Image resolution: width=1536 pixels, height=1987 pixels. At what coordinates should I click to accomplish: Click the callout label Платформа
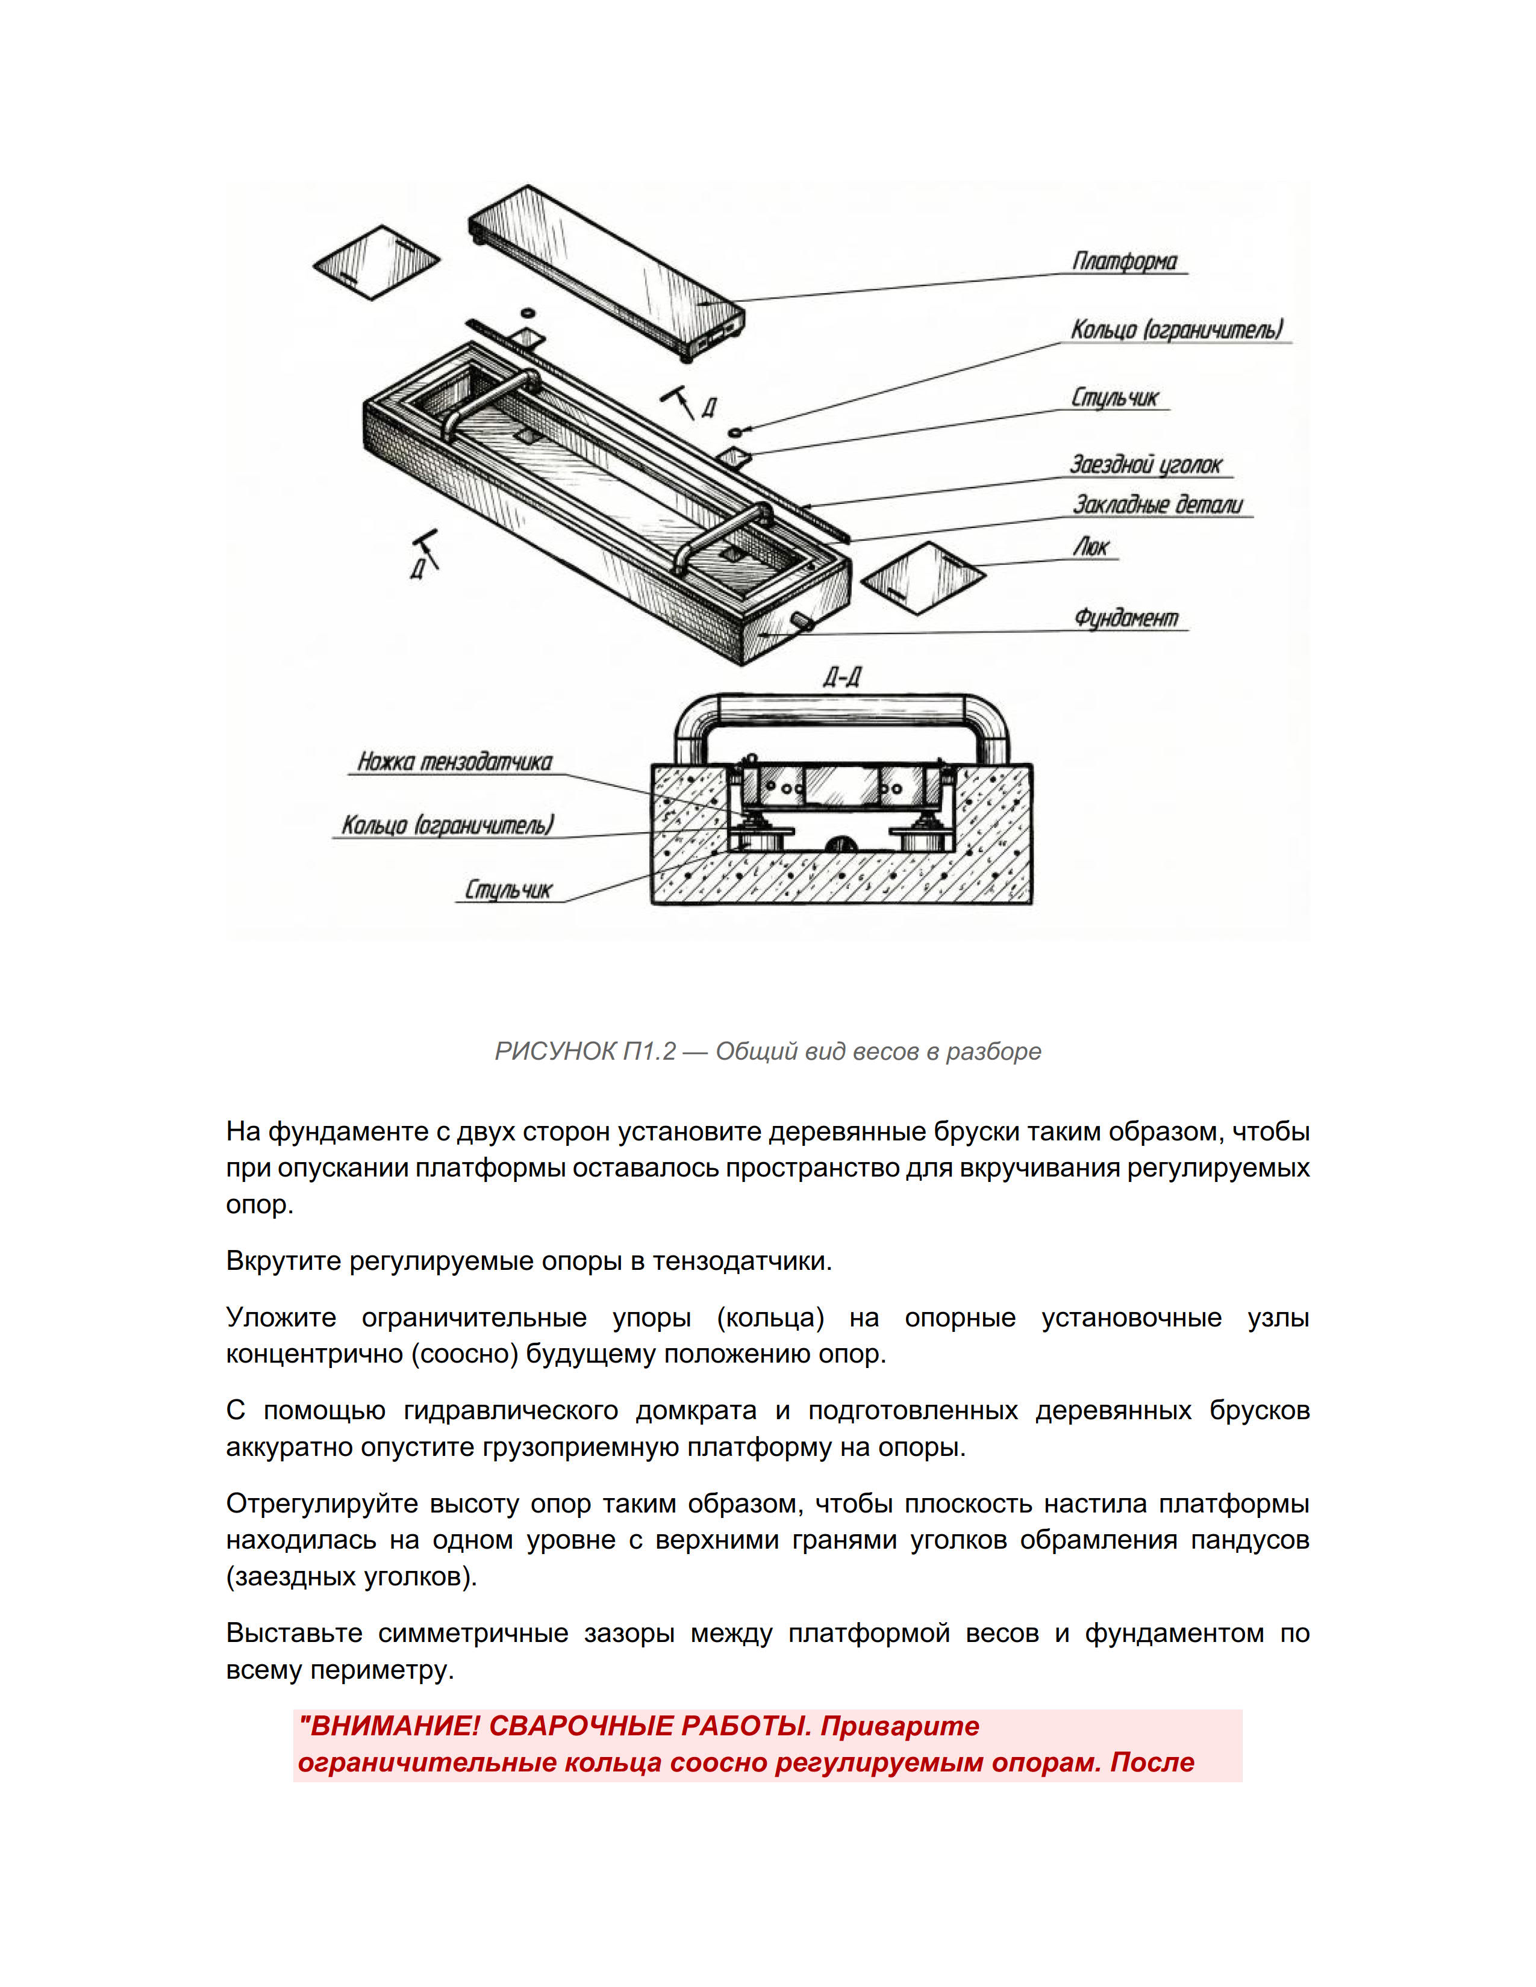pyautogui.click(x=1125, y=261)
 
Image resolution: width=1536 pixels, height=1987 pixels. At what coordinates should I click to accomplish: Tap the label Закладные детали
pyautogui.click(x=1158, y=505)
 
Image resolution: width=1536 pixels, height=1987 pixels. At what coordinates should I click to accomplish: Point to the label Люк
pyautogui.click(x=1091, y=547)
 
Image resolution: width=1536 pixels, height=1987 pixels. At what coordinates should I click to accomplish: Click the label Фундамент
pyautogui.click(x=1126, y=618)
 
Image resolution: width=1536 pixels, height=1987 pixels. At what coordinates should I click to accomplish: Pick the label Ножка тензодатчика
pyautogui.click(x=455, y=762)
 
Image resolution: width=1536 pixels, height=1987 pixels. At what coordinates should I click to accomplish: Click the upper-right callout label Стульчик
pyautogui.click(x=1115, y=397)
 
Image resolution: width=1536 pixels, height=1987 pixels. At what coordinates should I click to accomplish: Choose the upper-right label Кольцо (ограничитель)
pyautogui.click(x=1176, y=329)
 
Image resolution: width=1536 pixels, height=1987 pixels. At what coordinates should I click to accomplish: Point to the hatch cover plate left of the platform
pyautogui.click(x=376, y=261)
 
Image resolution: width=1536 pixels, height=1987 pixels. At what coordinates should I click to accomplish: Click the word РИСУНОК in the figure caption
pyautogui.click(x=555, y=1052)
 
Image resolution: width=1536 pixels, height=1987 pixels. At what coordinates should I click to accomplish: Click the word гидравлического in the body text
pyautogui.click(x=510, y=1411)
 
